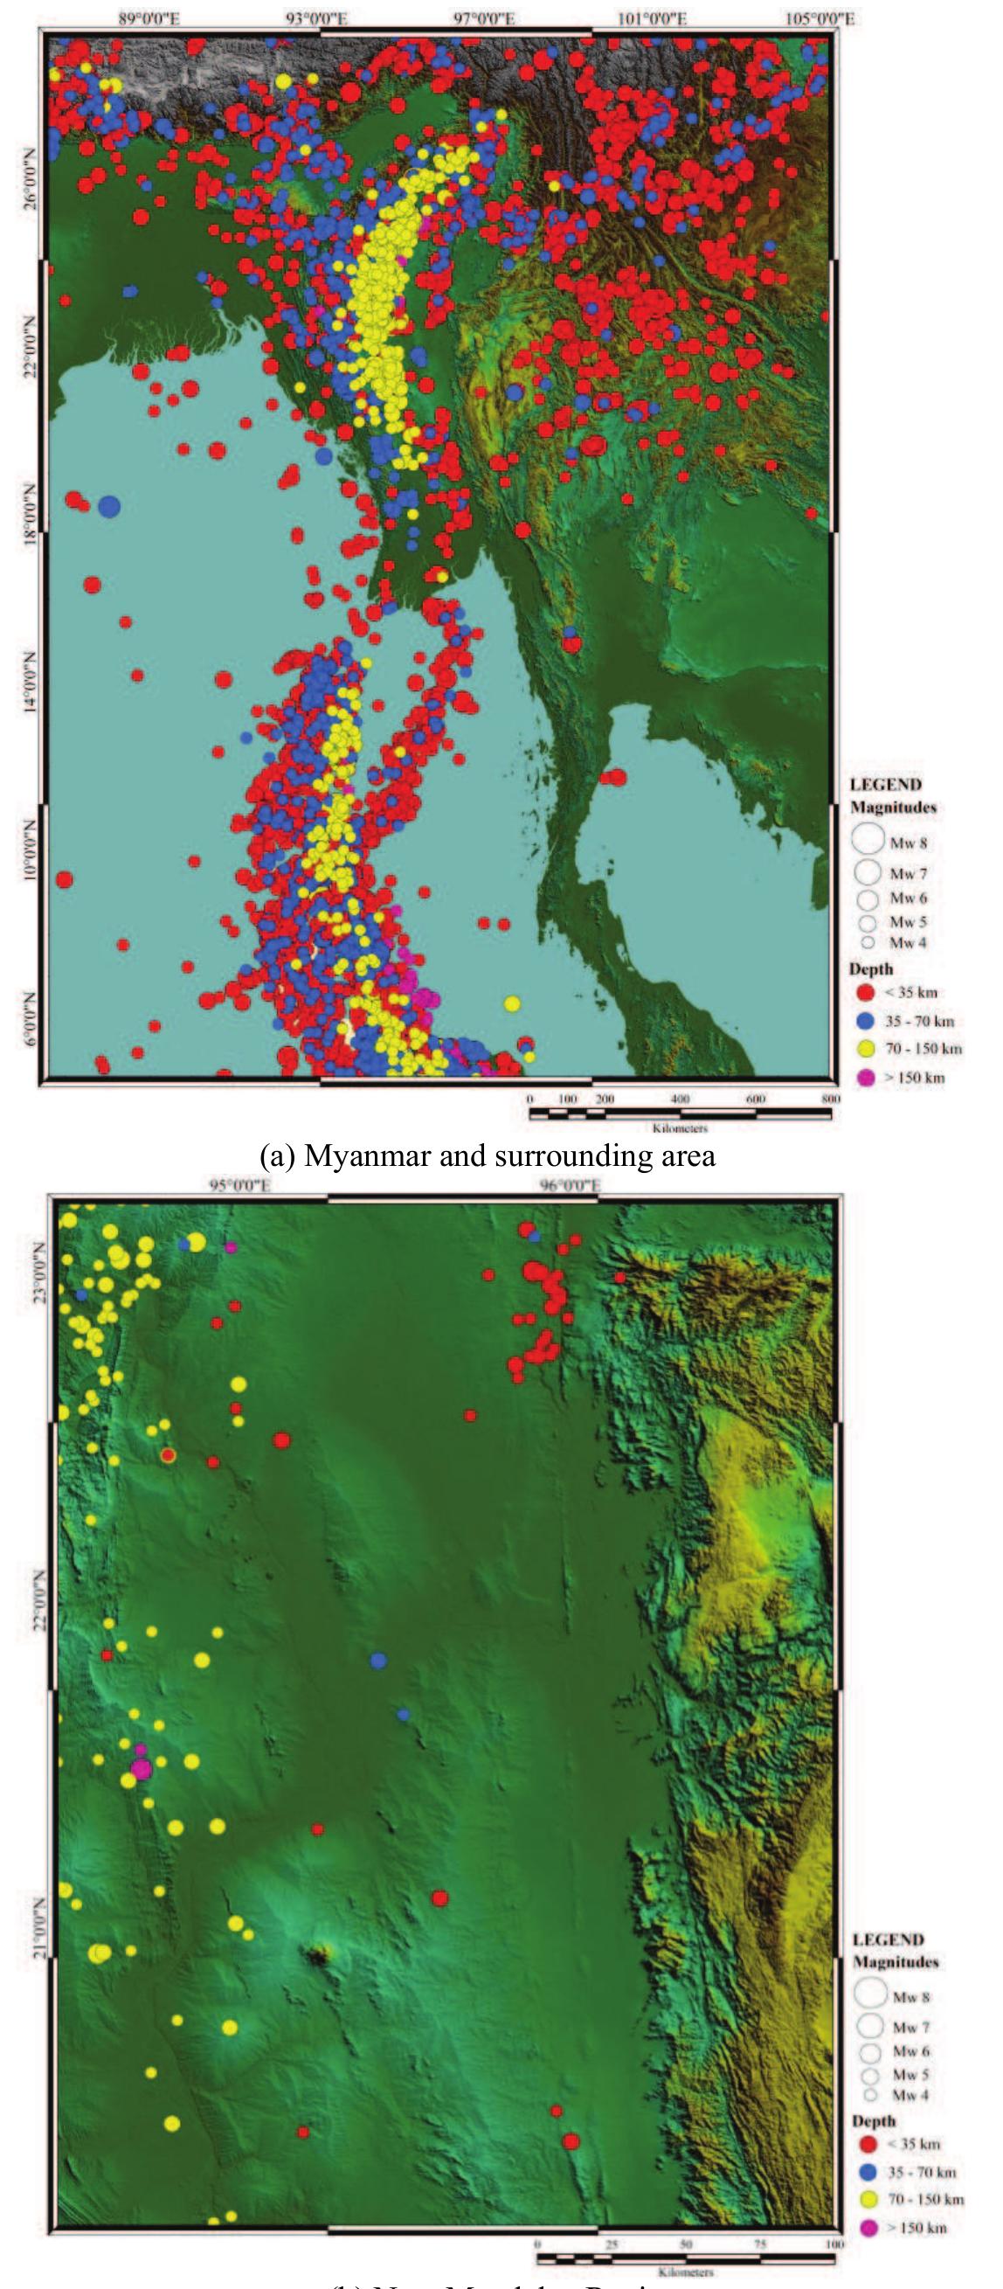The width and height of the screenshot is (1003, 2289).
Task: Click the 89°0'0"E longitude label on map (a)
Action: (x=149, y=18)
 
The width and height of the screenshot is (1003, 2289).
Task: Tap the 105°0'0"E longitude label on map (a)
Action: (x=820, y=18)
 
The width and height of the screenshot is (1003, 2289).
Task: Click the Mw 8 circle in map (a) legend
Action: (x=868, y=838)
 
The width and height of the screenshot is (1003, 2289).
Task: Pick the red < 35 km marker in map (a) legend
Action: (x=865, y=993)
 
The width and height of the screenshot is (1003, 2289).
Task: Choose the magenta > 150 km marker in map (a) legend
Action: (x=865, y=1078)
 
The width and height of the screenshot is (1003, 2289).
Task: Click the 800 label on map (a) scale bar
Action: (x=830, y=1099)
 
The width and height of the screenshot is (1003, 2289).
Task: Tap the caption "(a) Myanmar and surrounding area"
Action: (x=487, y=1155)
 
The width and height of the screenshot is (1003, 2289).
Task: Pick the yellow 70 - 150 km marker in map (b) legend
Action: (x=868, y=2199)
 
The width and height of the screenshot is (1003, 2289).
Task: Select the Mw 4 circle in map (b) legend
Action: (x=869, y=2094)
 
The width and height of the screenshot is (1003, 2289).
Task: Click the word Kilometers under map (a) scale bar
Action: (x=680, y=1128)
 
